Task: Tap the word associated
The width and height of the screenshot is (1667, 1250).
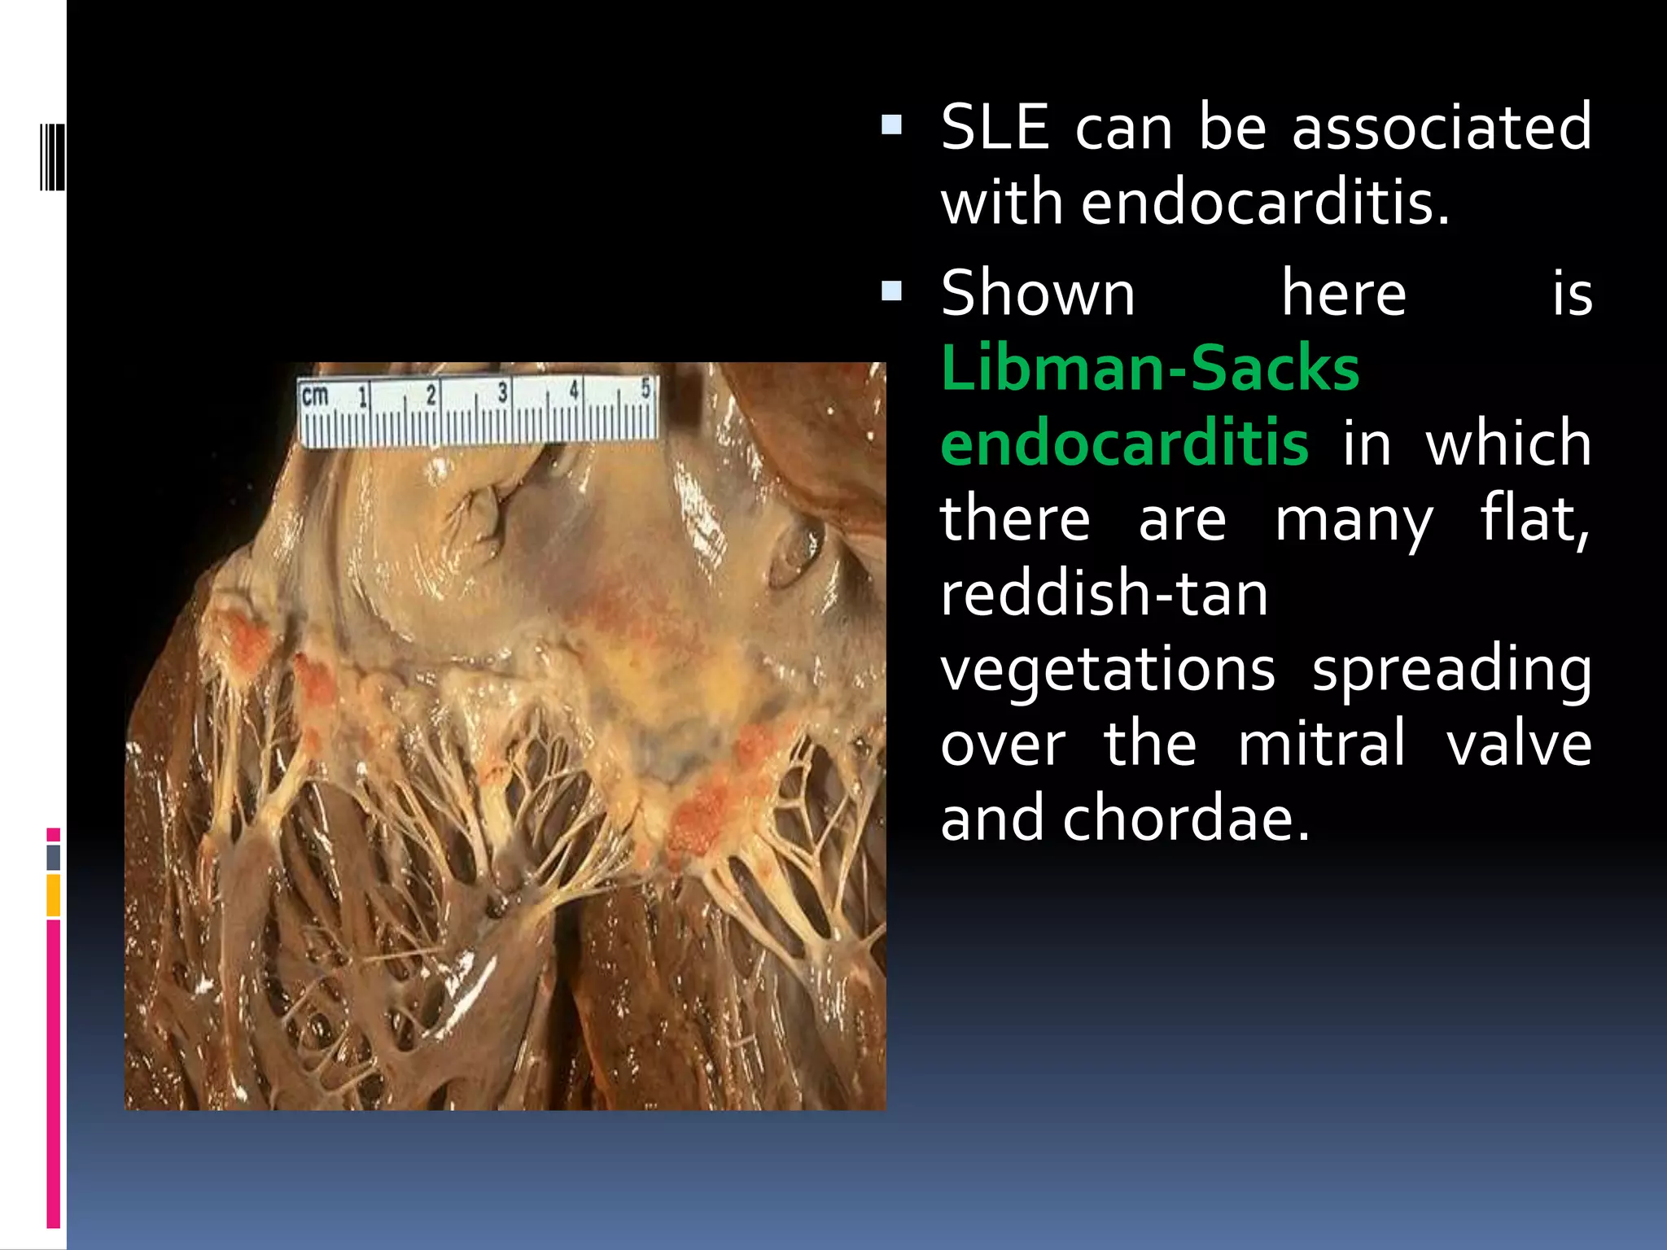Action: (1441, 128)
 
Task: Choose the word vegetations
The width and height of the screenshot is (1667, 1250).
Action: (1107, 670)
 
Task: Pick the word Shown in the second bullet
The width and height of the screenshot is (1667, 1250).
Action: (1038, 294)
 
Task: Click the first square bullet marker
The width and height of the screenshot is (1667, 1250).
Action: (892, 125)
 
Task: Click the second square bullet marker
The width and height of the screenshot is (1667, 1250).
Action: (892, 291)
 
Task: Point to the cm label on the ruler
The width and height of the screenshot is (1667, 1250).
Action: (315, 396)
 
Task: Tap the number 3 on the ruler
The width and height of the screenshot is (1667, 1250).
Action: (502, 393)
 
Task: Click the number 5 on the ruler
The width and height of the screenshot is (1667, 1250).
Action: (645, 389)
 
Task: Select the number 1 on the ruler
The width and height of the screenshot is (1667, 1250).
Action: (363, 396)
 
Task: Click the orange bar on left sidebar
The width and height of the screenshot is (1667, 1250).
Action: (53, 894)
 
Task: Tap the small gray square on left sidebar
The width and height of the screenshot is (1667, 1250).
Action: (53, 857)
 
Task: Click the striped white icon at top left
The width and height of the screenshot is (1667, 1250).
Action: (52, 156)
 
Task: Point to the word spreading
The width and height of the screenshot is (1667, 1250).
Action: (1451, 670)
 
